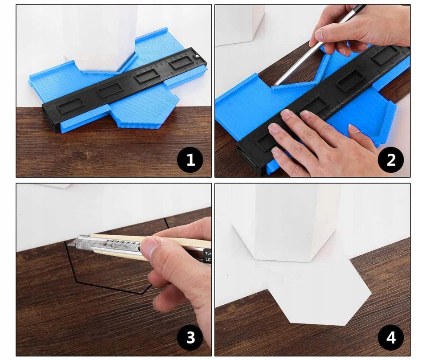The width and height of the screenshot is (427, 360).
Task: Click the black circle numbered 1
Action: coord(190,160)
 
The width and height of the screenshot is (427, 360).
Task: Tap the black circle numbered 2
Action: coord(391,160)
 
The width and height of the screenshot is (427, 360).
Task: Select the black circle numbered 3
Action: coord(190,337)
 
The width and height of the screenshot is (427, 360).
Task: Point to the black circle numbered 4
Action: coord(391,337)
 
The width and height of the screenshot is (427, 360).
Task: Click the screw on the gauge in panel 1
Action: coord(197,56)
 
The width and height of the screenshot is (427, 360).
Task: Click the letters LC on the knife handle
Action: coord(208,259)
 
